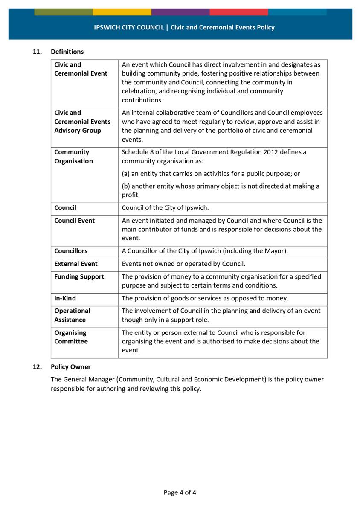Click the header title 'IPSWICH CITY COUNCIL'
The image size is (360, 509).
pos(129,27)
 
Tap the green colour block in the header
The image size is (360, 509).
pos(63,12)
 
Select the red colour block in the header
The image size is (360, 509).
pos(238,12)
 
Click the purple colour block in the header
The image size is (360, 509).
pos(180,12)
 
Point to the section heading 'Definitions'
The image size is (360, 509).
pos(67,52)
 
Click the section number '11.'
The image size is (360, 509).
pos(38,52)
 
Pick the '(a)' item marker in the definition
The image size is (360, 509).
pos(126,174)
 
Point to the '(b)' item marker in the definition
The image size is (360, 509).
pos(126,186)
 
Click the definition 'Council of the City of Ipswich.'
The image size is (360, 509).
pos(165,208)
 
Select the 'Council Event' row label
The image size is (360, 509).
pos(75,221)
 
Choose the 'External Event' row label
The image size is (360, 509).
pos(76,264)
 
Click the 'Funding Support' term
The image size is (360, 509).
pos(79,276)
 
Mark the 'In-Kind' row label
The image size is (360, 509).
pos(65,298)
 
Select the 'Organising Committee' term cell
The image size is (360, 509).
pos(71,337)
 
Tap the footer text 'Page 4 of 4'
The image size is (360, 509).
pos(180,492)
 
